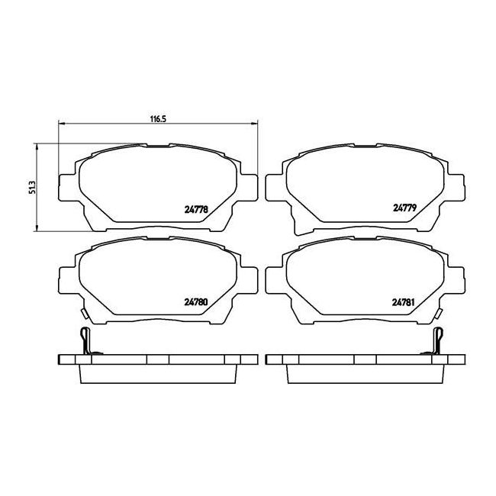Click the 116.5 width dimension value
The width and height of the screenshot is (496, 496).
(158, 119)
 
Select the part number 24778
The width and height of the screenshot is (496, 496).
(196, 209)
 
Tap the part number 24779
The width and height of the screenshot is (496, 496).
(405, 208)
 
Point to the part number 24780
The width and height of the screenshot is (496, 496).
(196, 302)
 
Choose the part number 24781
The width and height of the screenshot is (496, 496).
(404, 303)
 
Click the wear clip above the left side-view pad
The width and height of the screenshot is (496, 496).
(86, 341)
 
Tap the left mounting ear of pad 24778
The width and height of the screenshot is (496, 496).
(67, 187)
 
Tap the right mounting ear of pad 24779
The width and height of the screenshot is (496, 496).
(456, 187)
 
